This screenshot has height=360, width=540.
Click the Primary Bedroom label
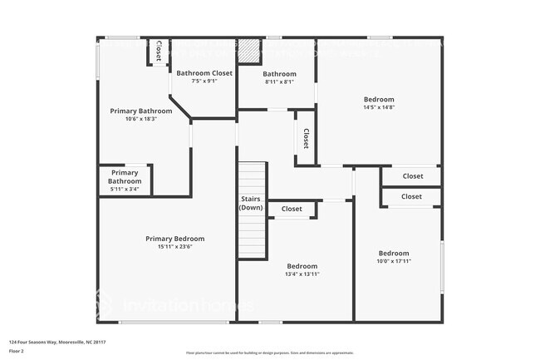click(174, 239)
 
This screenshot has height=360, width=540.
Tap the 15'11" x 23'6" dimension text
click(174, 247)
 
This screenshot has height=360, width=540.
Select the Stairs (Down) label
click(252, 204)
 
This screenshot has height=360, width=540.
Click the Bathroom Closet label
click(204, 73)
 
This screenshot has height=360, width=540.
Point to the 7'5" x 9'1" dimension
click(204, 81)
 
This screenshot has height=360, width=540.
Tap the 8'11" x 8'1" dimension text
click(280, 81)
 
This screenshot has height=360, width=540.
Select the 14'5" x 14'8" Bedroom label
click(378, 99)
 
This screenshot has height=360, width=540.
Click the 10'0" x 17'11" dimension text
click(394, 261)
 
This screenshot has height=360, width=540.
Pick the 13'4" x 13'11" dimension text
click(302, 274)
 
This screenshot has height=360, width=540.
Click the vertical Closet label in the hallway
click(306, 138)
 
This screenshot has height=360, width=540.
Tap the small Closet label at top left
click(157, 51)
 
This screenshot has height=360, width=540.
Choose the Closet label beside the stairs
click(292, 210)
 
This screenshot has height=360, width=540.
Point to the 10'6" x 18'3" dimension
click(141, 119)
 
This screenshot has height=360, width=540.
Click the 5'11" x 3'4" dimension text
click(125, 190)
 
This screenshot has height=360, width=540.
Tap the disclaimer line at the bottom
click(270, 353)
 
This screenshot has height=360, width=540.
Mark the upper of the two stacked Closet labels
click(412, 176)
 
